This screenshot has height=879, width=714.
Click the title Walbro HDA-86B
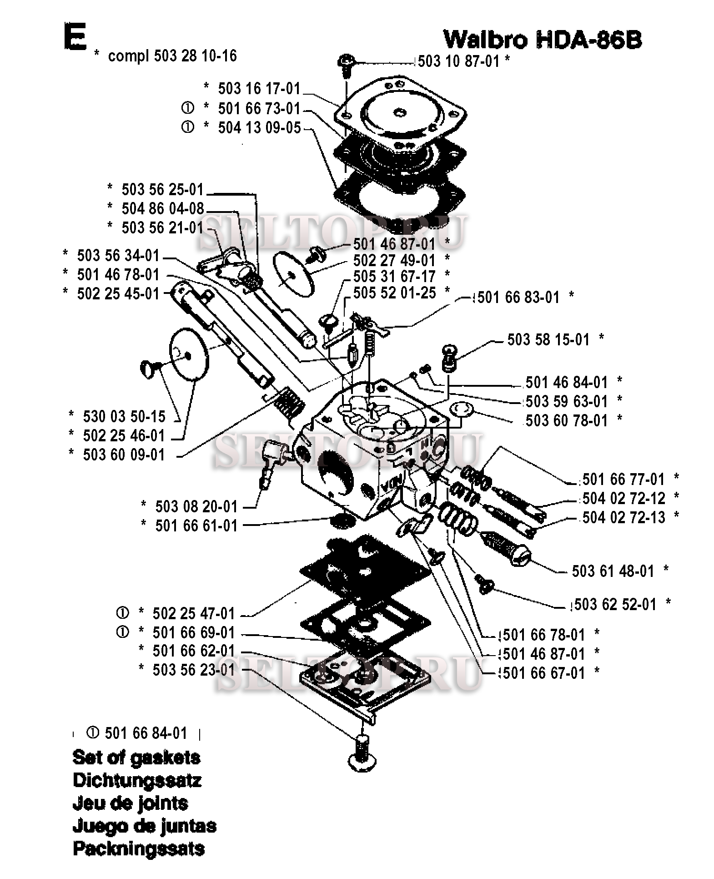coord(543,40)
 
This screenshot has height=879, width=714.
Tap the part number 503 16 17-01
coord(259,88)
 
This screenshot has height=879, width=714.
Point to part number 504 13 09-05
coord(259,128)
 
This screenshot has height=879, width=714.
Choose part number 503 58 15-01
coord(548,339)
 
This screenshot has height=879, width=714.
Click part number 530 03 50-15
coord(124,416)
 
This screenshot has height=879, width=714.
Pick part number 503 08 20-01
coord(196,506)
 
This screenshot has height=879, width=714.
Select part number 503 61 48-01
coord(613,571)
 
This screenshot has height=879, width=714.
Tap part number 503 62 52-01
coord(615,604)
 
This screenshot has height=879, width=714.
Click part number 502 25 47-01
coord(194,613)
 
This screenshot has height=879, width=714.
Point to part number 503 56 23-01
coord(194,670)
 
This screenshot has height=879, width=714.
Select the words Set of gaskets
coord(136,758)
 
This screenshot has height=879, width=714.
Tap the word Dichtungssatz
coord(137,781)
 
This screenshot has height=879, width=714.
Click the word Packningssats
coord(139,849)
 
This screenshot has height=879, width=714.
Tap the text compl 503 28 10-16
coord(172,56)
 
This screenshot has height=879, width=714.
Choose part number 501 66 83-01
coord(518,298)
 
